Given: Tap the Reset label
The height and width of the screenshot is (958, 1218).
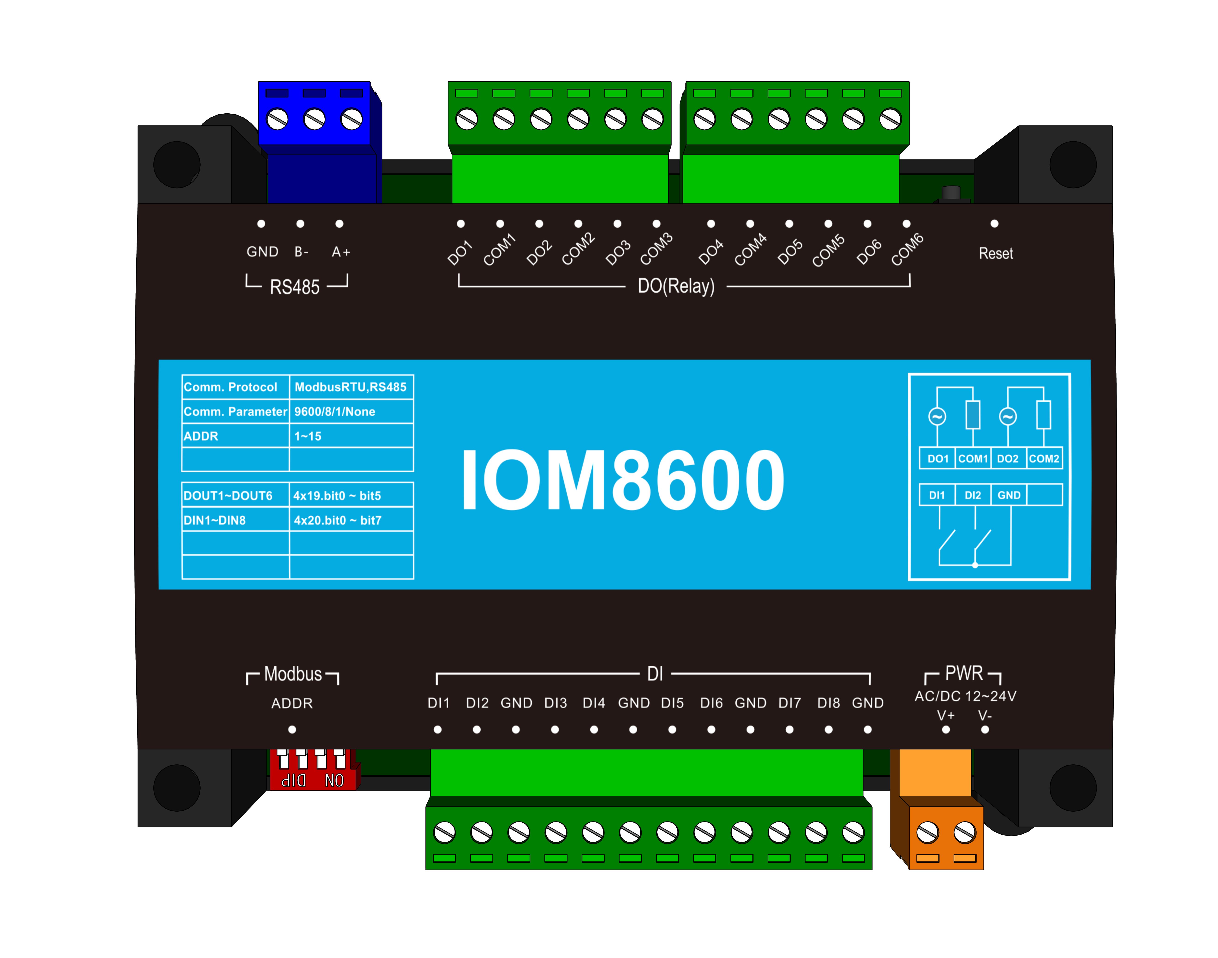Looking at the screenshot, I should [x=996, y=254].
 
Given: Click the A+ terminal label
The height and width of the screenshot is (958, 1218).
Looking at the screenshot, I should [x=341, y=252].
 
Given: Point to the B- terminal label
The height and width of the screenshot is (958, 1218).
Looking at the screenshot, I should [x=301, y=252].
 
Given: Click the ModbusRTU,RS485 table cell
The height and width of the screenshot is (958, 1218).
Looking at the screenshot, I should [x=351, y=387].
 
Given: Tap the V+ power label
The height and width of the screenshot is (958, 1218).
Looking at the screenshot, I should [x=946, y=716].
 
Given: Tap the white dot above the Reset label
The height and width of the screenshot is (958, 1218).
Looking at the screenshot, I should [x=994, y=224].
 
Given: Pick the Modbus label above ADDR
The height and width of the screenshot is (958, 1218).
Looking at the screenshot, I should [x=293, y=674].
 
